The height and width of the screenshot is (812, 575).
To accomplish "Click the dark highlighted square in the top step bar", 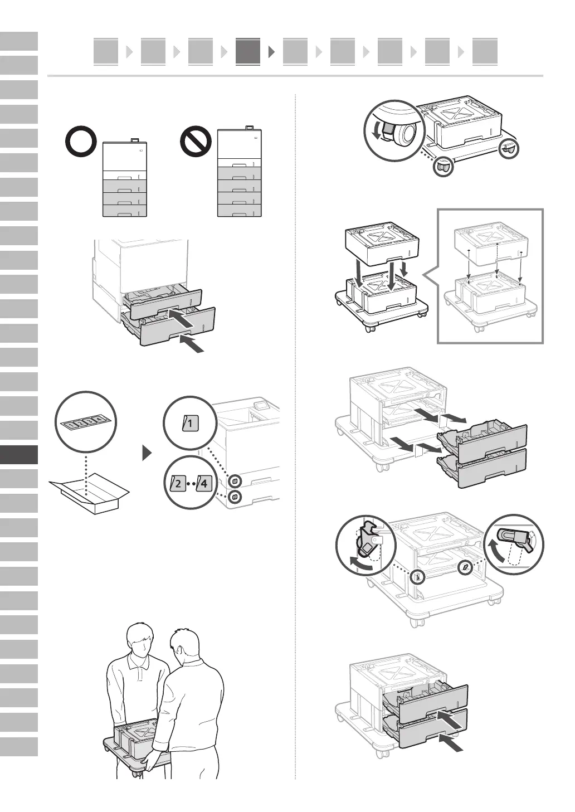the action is point(247,52).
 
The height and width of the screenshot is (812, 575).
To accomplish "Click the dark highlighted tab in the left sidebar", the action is point(19,455).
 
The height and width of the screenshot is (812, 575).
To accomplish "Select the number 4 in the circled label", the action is point(203,483).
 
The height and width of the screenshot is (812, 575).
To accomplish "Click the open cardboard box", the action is point(89,493).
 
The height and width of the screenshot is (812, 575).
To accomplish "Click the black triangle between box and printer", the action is point(147,453).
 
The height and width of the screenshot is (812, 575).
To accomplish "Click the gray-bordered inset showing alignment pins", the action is point(490,276).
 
